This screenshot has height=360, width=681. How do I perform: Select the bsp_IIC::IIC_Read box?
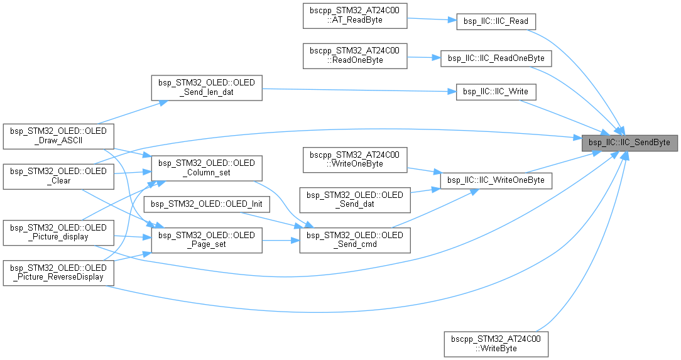coord(496,21)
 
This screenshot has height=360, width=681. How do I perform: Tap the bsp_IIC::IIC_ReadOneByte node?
coord(496,58)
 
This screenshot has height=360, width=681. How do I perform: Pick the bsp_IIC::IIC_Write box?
coord(496,92)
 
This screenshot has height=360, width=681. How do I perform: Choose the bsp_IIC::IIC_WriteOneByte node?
coord(496,180)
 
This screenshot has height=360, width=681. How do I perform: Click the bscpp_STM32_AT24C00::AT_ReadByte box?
coord(355,16)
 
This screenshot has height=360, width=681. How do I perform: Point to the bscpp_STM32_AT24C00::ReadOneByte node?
coord(355,55)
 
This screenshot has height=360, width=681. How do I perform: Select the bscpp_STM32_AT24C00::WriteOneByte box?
coord(355,160)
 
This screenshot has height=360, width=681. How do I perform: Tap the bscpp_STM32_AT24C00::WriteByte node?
coord(496,343)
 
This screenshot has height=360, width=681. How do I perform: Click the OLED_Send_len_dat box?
coord(206,87)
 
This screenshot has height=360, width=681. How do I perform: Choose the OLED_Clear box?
coord(58,175)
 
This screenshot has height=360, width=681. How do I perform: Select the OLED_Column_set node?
coord(206,167)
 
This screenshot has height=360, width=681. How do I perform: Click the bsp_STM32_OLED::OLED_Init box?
coord(206,204)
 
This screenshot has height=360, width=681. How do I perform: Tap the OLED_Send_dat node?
coord(355,200)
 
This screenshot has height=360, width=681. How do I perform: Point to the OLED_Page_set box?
coord(206,241)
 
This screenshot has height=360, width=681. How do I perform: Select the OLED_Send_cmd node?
coord(355,241)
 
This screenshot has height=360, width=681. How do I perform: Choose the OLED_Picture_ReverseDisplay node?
coord(58,272)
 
